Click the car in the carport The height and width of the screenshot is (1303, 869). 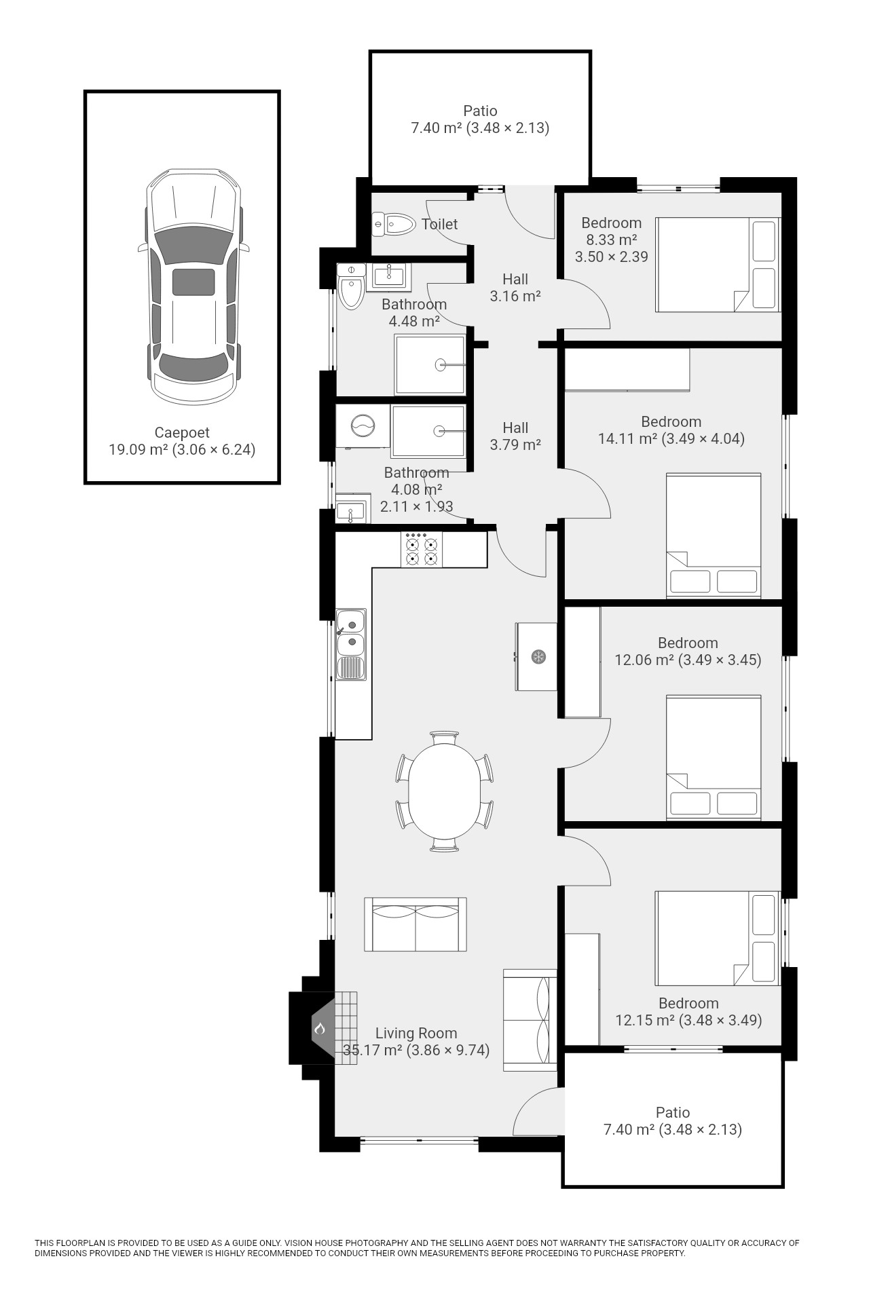click(x=193, y=286)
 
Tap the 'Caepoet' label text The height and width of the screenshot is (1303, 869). click(x=182, y=432)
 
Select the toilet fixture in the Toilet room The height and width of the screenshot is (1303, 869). click(x=394, y=223)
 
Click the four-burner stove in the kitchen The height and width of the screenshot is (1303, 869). click(x=421, y=549)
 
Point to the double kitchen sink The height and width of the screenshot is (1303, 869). click(x=351, y=644)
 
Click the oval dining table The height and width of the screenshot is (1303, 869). click(x=445, y=791)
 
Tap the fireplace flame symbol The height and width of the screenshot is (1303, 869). click(x=320, y=1029)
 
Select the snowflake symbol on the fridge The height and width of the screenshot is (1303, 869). click(x=538, y=657)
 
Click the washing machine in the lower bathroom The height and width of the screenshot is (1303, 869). click(x=363, y=426)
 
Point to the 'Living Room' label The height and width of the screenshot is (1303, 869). click(x=416, y=1033)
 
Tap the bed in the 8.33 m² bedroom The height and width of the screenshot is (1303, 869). click(x=718, y=265)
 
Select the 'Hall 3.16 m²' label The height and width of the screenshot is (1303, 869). click(x=515, y=287)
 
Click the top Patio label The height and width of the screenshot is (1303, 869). click(x=480, y=111)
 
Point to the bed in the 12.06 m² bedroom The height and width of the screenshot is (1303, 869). click(x=714, y=757)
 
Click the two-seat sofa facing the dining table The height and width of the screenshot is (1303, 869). click(x=415, y=924)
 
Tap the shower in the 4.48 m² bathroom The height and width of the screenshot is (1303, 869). click(x=430, y=364)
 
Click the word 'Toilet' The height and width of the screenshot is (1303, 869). click(x=439, y=224)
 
